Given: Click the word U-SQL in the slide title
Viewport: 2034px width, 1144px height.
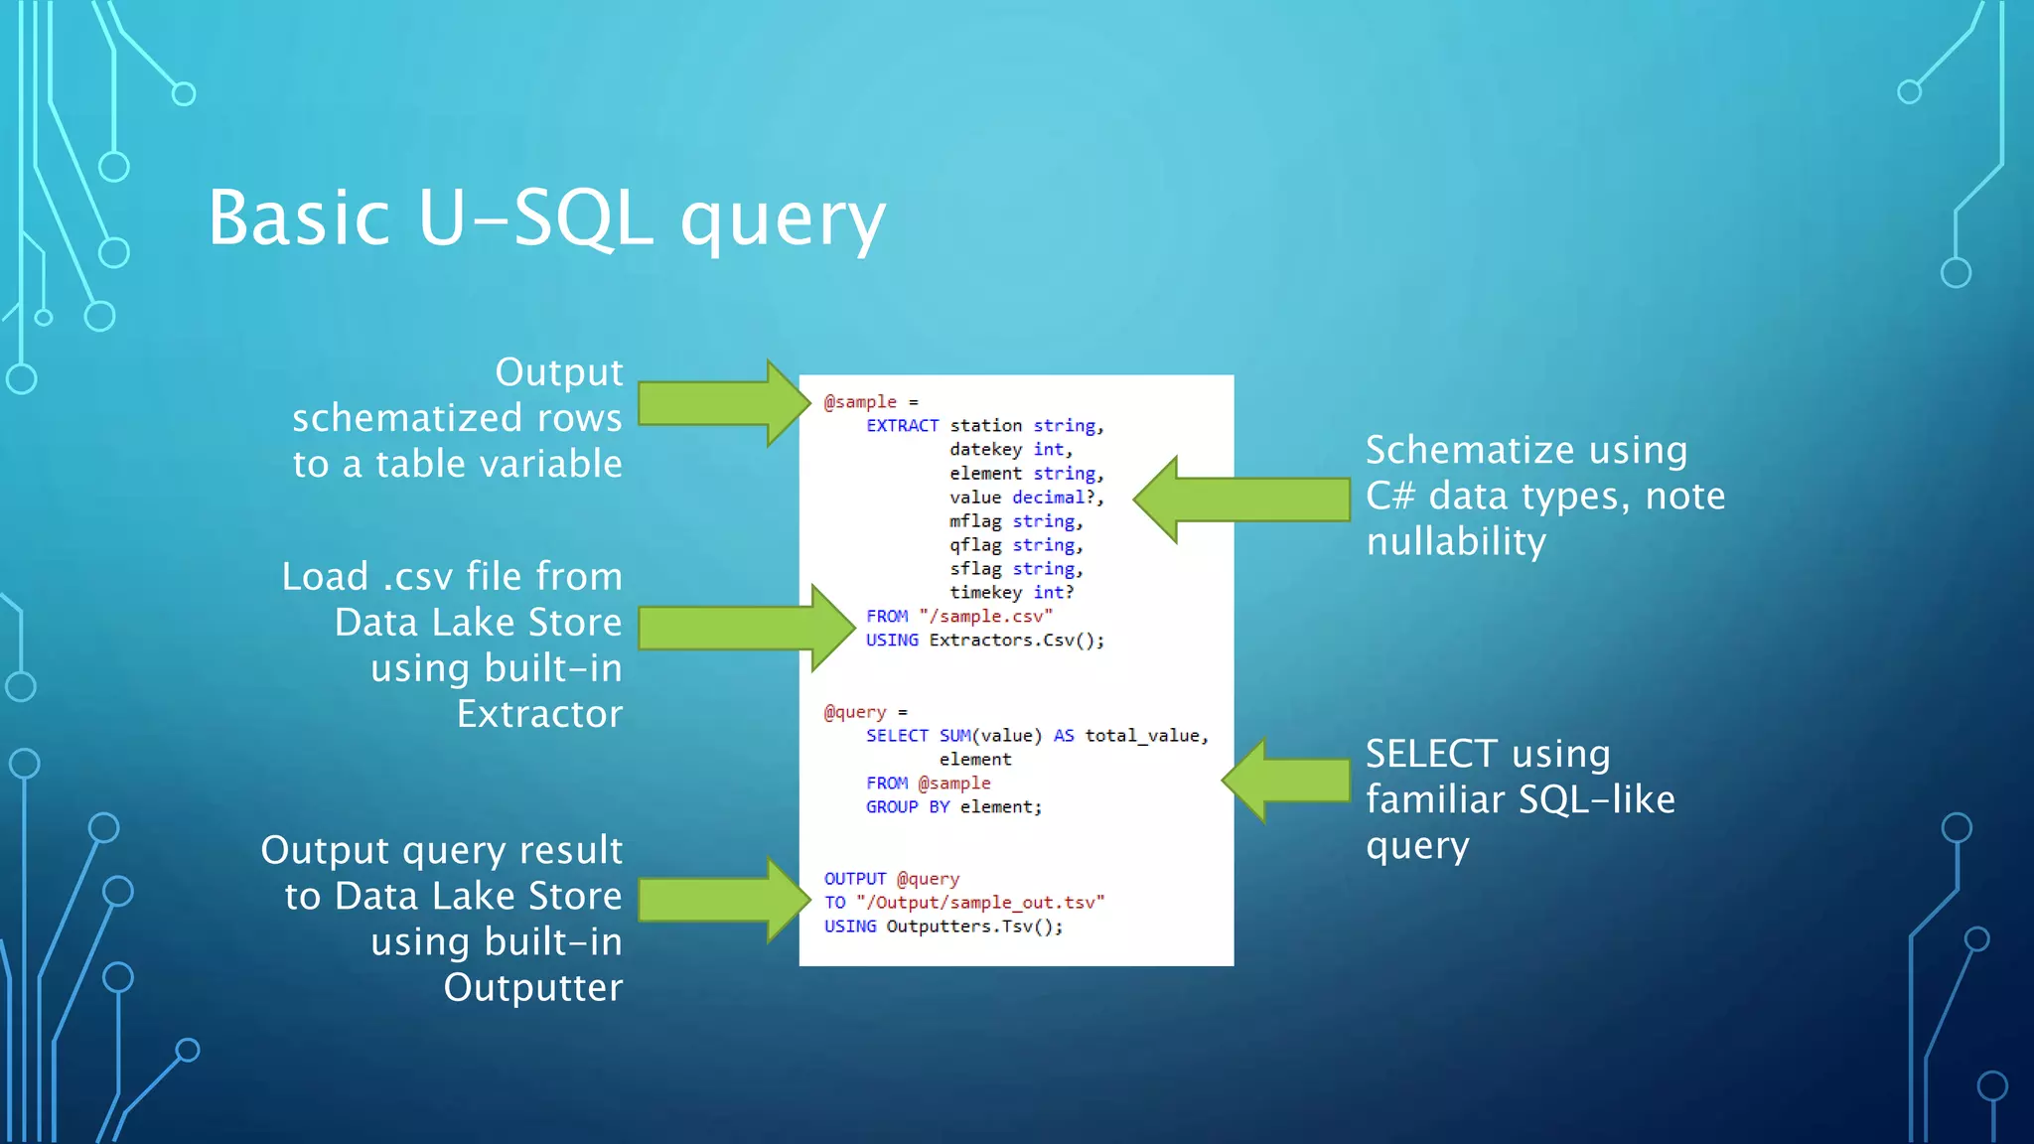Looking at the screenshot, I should coord(534,218).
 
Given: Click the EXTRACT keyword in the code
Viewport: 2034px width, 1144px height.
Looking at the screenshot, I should coord(902,426).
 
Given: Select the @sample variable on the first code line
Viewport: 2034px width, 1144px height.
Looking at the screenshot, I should coord(860,402).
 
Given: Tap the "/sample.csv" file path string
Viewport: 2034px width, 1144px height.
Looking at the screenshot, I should coord(985,617).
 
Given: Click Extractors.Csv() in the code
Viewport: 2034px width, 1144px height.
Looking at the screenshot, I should coord(1016,641).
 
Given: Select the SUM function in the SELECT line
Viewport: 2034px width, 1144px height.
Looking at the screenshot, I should coord(954,736).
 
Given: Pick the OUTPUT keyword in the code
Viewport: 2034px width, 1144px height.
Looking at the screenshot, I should coord(854,879).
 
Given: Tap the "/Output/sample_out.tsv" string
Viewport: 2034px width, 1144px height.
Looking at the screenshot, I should coord(979,903).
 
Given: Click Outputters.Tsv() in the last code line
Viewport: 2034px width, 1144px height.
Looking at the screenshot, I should coord(973,927).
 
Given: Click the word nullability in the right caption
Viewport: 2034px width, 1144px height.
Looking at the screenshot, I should coord(1456,542).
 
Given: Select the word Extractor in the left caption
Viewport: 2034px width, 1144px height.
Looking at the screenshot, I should coord(539,714).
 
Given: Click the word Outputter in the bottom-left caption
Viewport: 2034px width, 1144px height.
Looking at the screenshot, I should coord(532,988).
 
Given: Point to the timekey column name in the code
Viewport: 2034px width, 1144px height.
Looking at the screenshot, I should coord(985,593).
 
